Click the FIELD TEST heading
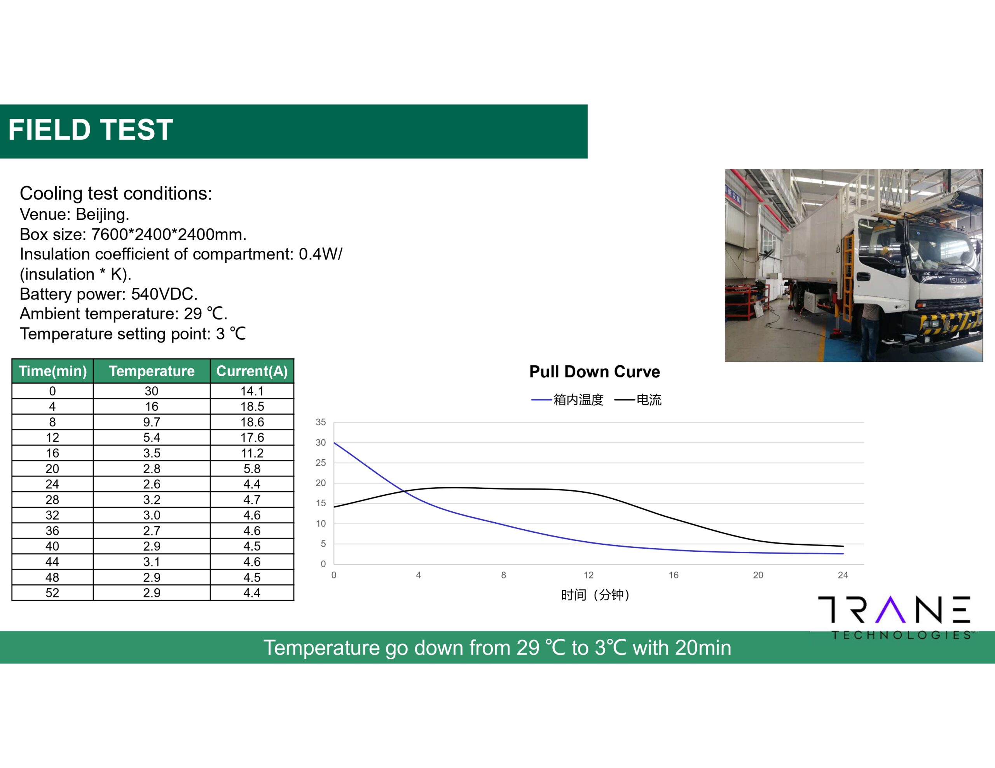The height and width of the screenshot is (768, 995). point(91,130)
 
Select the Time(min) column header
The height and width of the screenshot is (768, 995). point(53,371)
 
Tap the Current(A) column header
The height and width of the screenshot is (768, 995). point(252,371)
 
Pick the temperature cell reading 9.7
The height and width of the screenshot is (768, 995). point(152,422)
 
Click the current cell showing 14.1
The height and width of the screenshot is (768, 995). point(252,391)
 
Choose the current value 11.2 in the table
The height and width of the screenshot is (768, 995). point(252,453)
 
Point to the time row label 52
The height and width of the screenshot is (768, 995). point(52,593)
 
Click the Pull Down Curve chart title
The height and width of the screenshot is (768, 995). point(595,372)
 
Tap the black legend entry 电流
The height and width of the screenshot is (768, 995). point(638,400)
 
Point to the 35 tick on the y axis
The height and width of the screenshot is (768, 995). point(321,422)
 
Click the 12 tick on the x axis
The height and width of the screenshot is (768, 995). point(588,575)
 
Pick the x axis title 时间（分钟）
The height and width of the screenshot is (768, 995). point(595,595)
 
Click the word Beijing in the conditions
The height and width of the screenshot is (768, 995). point(103,214)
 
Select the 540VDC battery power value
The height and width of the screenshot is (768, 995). point(164,294)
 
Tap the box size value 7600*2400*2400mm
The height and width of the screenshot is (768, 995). point(169,235)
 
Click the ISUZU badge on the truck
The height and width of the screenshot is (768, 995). point(958,280)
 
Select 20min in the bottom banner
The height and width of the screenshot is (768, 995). point(703,647)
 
